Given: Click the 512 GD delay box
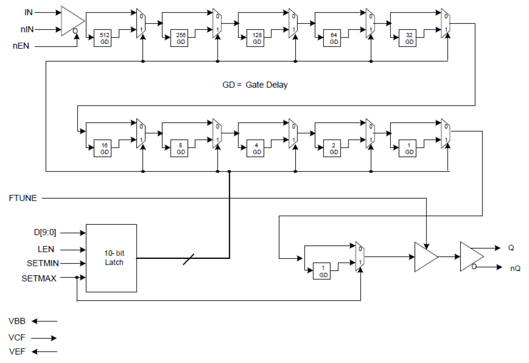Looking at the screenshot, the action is click(102, 38).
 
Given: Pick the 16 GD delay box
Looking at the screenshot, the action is click(102, 149).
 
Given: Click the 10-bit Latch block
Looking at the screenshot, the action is click(112, 258).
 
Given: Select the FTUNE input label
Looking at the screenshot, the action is click(23, 198).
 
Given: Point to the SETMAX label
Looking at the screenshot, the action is click(39, 278).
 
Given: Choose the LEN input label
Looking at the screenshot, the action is click(46, 249).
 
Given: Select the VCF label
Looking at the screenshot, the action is click(17, 338).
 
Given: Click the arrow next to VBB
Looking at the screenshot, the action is click(45, 321).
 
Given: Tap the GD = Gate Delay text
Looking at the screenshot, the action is click(255, 85).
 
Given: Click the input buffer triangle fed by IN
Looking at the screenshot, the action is click(72, 21).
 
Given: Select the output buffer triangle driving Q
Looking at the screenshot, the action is click(471, 256).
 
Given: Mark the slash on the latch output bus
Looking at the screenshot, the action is click(189, 259).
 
